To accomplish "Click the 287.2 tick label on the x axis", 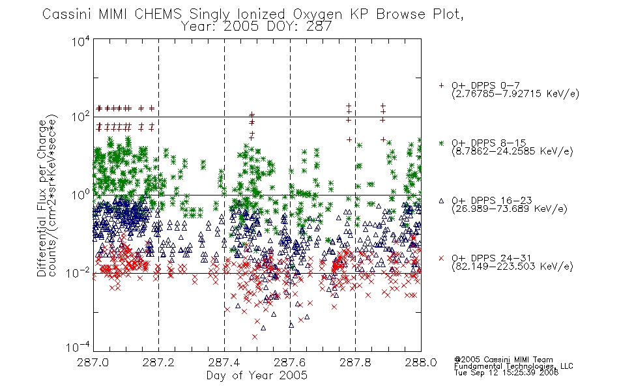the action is tap(158, 362).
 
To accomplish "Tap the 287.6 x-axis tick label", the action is tap(290, 362).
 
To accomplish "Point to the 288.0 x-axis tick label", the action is tap(421, 362).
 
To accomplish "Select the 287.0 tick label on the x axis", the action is tap(93, 362).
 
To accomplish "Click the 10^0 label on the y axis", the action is tap(81, 194).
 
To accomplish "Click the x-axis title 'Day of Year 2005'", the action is tap(257, 375).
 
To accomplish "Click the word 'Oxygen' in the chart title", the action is tap(317, 14).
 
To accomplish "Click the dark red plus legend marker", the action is tap(441, 85).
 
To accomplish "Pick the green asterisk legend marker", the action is tap(441, 143).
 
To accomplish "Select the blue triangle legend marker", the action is tap(441, 201).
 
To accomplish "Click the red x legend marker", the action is tap(441, 258).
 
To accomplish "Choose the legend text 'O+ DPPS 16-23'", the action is tap(492, 201).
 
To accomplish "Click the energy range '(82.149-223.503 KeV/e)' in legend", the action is tap(512, 267).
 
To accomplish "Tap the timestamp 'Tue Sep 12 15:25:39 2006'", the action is tap(506, 373).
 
